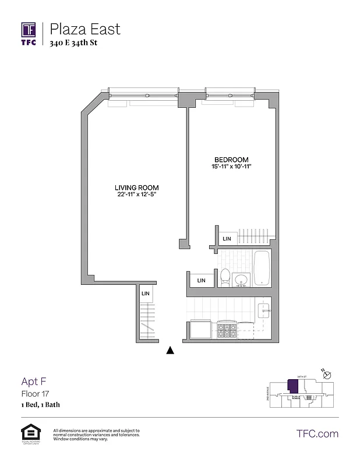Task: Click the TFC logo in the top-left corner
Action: [x=29, y=33]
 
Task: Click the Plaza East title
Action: [x=85, y=29]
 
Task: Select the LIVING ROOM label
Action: [x=136, y=187]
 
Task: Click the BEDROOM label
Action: [x=231, y=160]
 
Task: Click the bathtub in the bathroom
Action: [x=262, y=268]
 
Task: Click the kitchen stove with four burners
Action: [x=225, y=331]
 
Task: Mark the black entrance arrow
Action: [x=170, y=350]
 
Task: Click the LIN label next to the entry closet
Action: [x=146, y=294]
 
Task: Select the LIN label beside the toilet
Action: [x=202, y=280]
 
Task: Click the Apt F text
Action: [x=29, y=382]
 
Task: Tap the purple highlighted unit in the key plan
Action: [x=290, y=386]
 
